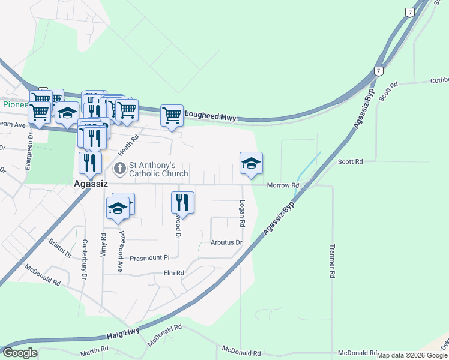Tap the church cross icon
119,169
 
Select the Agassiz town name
90,184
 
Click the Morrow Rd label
283,185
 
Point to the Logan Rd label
243,213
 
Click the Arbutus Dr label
226,243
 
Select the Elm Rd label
173,272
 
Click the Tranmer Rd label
332,260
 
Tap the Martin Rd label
94,349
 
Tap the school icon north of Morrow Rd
251,163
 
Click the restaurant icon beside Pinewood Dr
182,202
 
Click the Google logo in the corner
19,353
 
